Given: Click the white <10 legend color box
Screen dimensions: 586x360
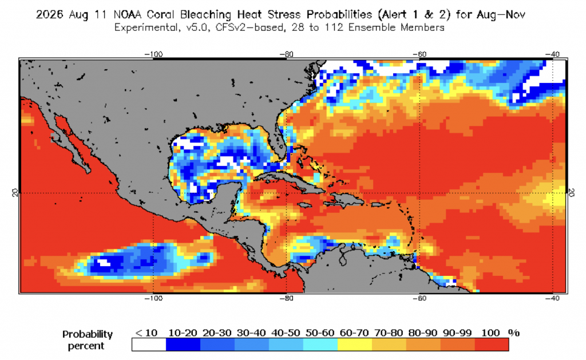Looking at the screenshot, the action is (x=149, y=345).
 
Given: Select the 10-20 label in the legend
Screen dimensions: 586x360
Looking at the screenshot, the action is (x=183, y=333).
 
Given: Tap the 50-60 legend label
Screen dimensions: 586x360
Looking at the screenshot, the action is (x=320, y=333).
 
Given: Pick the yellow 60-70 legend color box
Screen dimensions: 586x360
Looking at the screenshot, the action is (x=355, y=345).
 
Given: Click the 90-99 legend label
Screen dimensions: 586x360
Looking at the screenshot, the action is (x=457, y=333).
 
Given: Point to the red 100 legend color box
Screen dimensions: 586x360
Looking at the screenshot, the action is (x=492, y=345).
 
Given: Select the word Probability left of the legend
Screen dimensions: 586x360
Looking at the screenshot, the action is (x=88, y=334).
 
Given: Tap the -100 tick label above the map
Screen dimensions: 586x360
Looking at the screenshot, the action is (x=153, y=54).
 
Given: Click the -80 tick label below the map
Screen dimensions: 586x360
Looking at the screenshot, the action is (x=287, y=298).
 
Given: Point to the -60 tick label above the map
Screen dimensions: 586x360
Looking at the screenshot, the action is (x=419, y=54).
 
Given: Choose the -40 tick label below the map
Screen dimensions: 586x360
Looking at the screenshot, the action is (x=552, y=298).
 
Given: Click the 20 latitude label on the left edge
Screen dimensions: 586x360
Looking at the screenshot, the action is (x=14, y=193).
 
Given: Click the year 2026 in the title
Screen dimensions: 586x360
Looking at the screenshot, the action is (x=49, y=15).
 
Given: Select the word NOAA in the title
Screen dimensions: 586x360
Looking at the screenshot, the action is (x=127, y=15).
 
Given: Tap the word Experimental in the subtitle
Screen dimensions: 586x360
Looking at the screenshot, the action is (x=146, y=27).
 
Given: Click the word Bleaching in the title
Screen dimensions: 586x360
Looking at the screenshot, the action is (x=205, y=15).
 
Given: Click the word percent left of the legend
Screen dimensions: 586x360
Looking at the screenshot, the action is (x=86, y=346).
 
